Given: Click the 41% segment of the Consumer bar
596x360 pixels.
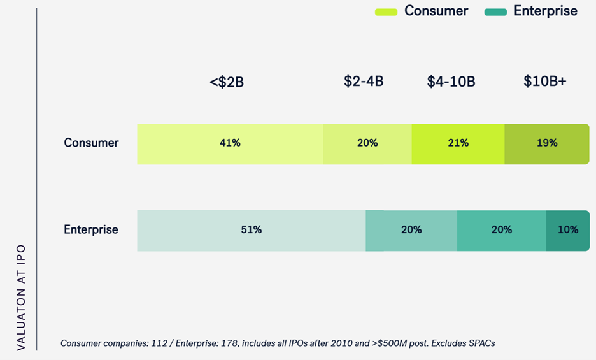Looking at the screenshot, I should click(x=230, y=143).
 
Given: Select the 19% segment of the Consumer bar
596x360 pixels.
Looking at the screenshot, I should click(x=546, y=143).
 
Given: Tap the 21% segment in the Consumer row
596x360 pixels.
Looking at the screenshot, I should click(x=458, y=143).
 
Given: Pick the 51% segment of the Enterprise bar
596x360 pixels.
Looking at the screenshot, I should click(x=251, y=230).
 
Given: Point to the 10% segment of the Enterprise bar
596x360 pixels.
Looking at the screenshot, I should click(x=567, y=230).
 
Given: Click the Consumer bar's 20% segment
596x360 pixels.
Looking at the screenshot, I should click(x=367, y=143).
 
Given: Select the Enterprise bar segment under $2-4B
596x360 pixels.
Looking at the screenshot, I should click(x=411, y=230).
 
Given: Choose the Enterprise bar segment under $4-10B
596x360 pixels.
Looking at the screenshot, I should click(x=501, y=230).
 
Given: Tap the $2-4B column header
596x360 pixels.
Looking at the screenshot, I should click(x=364, y=82).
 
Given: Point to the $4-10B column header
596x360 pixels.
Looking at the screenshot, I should click(x=451, y=82).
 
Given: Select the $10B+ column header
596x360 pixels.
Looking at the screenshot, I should click(x=545, y=82).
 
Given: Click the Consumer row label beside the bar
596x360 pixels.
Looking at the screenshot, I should click(x=91, y=143).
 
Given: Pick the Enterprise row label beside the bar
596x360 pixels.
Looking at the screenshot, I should click(x=91, y=229).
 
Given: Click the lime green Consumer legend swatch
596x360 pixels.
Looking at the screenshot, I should click(x=386, y=12).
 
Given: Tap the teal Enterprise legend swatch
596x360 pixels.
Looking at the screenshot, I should click(x=495, y=12).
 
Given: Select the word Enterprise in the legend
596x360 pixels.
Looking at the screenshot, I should click(x=546, y=11).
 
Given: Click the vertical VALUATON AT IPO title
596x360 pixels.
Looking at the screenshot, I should click(x=20, y=296).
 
